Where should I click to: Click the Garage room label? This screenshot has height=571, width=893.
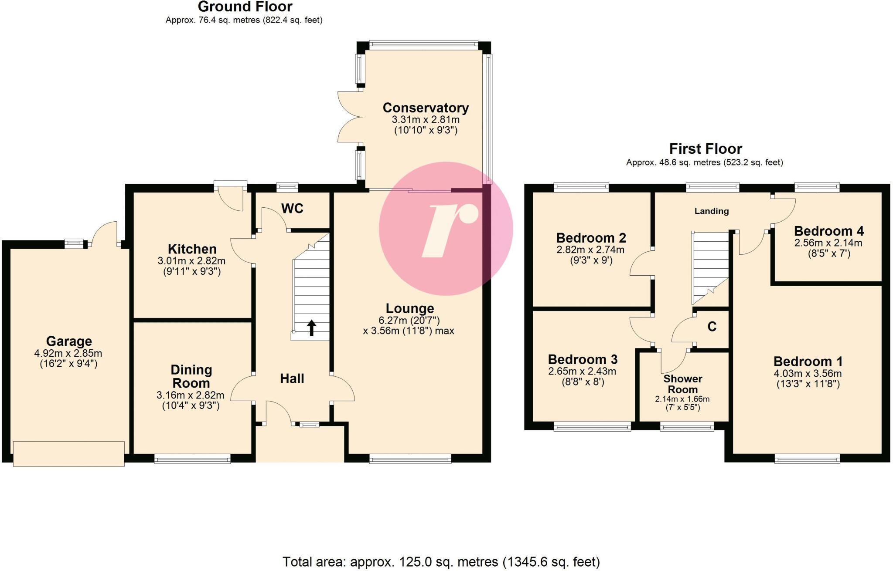coord(69,341)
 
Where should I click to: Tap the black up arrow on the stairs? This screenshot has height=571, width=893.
coord(311,328)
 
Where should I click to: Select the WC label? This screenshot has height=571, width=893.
coord(292,209)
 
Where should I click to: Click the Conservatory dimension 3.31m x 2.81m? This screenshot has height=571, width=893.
coord(425,119)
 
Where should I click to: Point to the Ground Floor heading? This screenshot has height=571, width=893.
coord(245,7)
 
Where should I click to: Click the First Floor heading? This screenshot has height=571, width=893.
coord(705,149)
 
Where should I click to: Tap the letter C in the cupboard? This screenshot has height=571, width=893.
coord(712,327)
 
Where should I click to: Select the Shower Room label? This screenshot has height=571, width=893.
coord(682,384)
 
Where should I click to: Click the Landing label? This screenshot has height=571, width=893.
coord(711,211)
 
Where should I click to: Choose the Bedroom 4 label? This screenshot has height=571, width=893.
coord(828,231)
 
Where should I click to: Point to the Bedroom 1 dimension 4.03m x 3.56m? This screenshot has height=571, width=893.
coord(808,373)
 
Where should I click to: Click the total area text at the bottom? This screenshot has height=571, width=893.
coord(441,562)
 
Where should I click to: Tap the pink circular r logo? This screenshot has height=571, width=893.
coord(446,228)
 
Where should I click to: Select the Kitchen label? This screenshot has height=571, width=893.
coord(192,249)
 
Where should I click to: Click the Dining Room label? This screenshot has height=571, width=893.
coord(191,376)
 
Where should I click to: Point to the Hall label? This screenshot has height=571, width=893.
coord(292,378)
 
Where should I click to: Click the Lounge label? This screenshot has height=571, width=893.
coord(409,308)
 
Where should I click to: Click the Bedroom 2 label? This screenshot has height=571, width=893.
coord(591,238)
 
